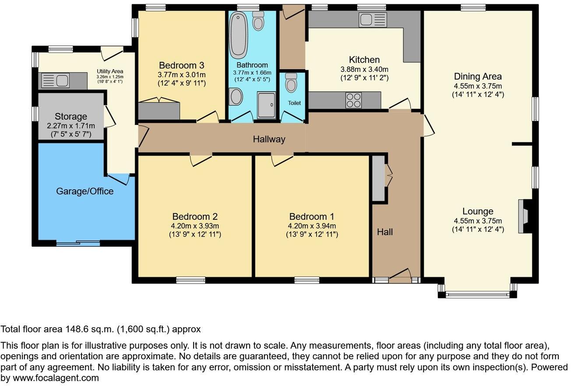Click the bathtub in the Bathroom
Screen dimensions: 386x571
tap(239, 35)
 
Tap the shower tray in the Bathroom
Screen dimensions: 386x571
tap(266, 105)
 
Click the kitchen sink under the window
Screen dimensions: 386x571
tap(372, 19)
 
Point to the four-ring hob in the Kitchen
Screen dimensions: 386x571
tap(354, 100)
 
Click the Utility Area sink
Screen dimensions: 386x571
tap(56, 81)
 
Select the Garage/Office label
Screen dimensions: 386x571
tap(85, 191)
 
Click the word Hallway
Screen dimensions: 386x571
tap(269, 139)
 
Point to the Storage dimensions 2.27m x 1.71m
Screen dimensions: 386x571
tap(71, 126)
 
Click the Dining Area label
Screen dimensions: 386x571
tap(478, 77)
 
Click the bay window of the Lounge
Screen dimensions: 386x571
tap(477, 295)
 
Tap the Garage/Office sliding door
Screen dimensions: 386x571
tap(78, 242)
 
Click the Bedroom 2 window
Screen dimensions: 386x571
tap(190, 280)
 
